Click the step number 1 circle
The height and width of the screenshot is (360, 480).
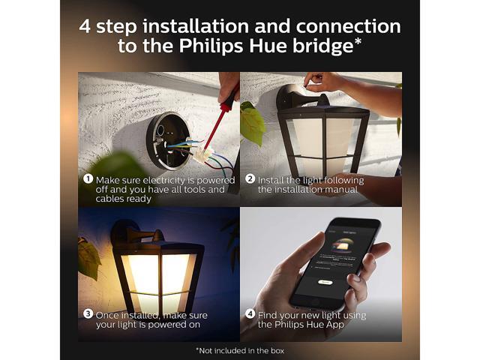(x=88, y=179)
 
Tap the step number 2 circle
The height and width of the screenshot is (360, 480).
(x=250, y=178)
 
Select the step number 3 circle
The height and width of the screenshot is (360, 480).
(x=88, y=313)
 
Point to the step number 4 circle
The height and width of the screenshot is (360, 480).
(x=250, y=313)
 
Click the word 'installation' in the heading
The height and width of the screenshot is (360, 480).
(x=196, y=26)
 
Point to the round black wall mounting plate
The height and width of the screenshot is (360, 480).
(x=167, y=141)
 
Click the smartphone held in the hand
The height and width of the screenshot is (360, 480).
(x=335, y=263)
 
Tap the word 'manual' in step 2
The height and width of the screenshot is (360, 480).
(x=341, y=190)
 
